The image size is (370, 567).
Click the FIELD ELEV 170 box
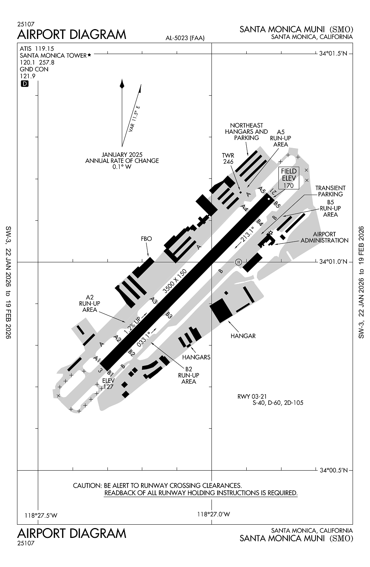(289, 178)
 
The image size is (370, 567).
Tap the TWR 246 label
(228, 158)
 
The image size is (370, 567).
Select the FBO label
(146, 239)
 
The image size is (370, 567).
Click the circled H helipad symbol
(238, 262)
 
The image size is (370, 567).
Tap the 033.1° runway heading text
(144, 339)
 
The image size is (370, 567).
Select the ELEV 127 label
(108, 383)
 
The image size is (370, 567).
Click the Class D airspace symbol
(25, 84)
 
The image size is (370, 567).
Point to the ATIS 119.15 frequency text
(37, 48)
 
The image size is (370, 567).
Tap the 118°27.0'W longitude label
(214, 514)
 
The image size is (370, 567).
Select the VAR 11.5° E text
(134, 118)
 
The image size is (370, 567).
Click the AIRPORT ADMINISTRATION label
(324, 237)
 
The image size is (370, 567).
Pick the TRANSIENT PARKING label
(330, 191)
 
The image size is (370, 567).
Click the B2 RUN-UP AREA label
(188, 375)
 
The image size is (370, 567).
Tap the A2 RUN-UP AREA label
(89, 304)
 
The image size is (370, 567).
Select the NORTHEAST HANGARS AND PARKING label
(246, 132)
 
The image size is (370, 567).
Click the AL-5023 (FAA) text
(185, 38)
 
